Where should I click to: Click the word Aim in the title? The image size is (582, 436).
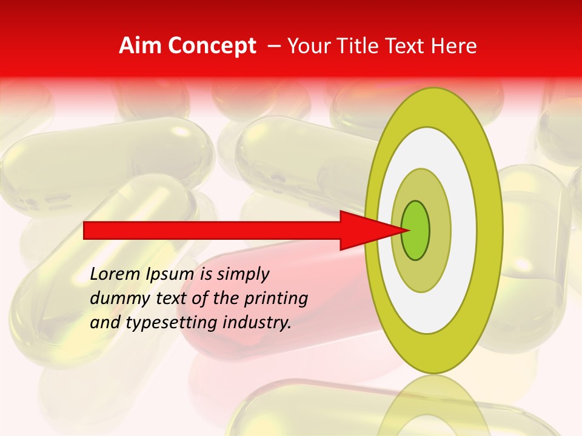141,46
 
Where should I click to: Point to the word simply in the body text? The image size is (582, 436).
242,274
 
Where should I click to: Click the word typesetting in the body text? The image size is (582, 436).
173,323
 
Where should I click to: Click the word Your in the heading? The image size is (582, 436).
310,46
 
